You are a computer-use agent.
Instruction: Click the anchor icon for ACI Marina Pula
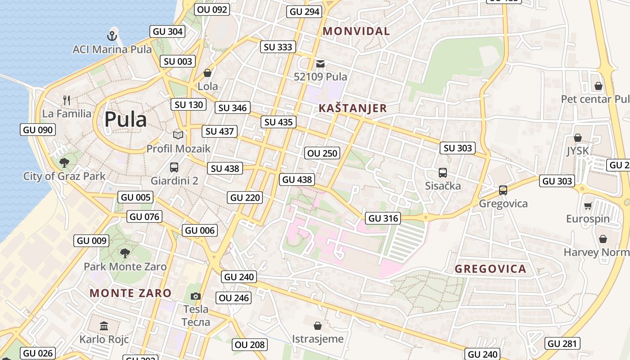click(112, 36)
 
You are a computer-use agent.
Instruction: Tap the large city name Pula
click(126, 119)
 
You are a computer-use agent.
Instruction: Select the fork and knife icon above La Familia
click(67, 100)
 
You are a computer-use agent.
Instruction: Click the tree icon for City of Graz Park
click(64, 162)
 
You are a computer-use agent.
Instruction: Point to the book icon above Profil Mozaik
click(178, 135)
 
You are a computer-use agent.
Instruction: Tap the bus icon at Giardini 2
click(174, 167)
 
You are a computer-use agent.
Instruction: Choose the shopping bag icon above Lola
click(207, 72)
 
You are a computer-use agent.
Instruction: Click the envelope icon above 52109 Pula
click(320, 63)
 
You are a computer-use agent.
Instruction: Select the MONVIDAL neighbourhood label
click(356, 31)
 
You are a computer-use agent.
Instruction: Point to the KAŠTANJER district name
click(353, 108)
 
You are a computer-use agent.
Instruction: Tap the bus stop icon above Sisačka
click(443, 172)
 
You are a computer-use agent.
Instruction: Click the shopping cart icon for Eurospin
click(588, 206)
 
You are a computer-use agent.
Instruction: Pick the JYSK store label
click(578, 151)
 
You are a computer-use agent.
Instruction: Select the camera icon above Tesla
click(196, 296)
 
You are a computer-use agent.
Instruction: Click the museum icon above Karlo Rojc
click(104, 325)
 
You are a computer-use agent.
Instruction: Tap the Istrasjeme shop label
click(318, 339)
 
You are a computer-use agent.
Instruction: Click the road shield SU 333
click(278, 47)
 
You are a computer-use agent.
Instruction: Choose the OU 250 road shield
click(322, 153)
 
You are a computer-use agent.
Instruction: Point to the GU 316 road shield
click(383, 218)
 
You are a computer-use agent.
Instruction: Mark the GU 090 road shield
click(38, 130)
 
